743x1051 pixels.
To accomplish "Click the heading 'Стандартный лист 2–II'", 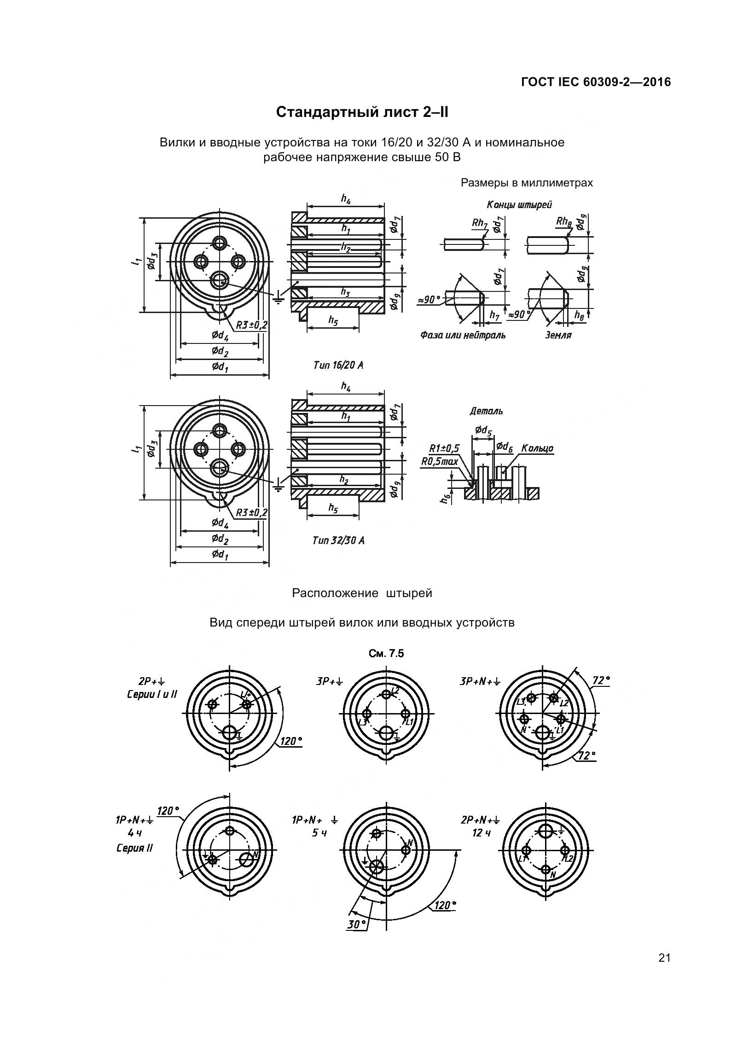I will [x=362, y=112].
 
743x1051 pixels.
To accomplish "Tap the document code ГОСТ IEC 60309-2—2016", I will [x=596, y=82].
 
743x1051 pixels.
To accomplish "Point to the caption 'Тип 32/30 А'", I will [x=338, y=540].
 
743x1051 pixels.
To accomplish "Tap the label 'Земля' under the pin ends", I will [x=558, y=336].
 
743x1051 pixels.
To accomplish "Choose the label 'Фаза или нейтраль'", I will [x=462, y=336].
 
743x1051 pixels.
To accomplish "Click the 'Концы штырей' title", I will [x=519, y=205].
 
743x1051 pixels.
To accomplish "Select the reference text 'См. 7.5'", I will [x=386, y=654].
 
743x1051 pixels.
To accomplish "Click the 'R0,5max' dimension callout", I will [x=440, y=461].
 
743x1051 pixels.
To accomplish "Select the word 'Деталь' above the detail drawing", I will [x=486, y=411].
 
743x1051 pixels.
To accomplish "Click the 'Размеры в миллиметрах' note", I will [x=527, y=183].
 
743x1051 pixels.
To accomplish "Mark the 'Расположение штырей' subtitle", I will [x=362, y=593].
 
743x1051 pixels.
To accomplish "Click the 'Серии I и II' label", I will [x=152, y=694].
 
